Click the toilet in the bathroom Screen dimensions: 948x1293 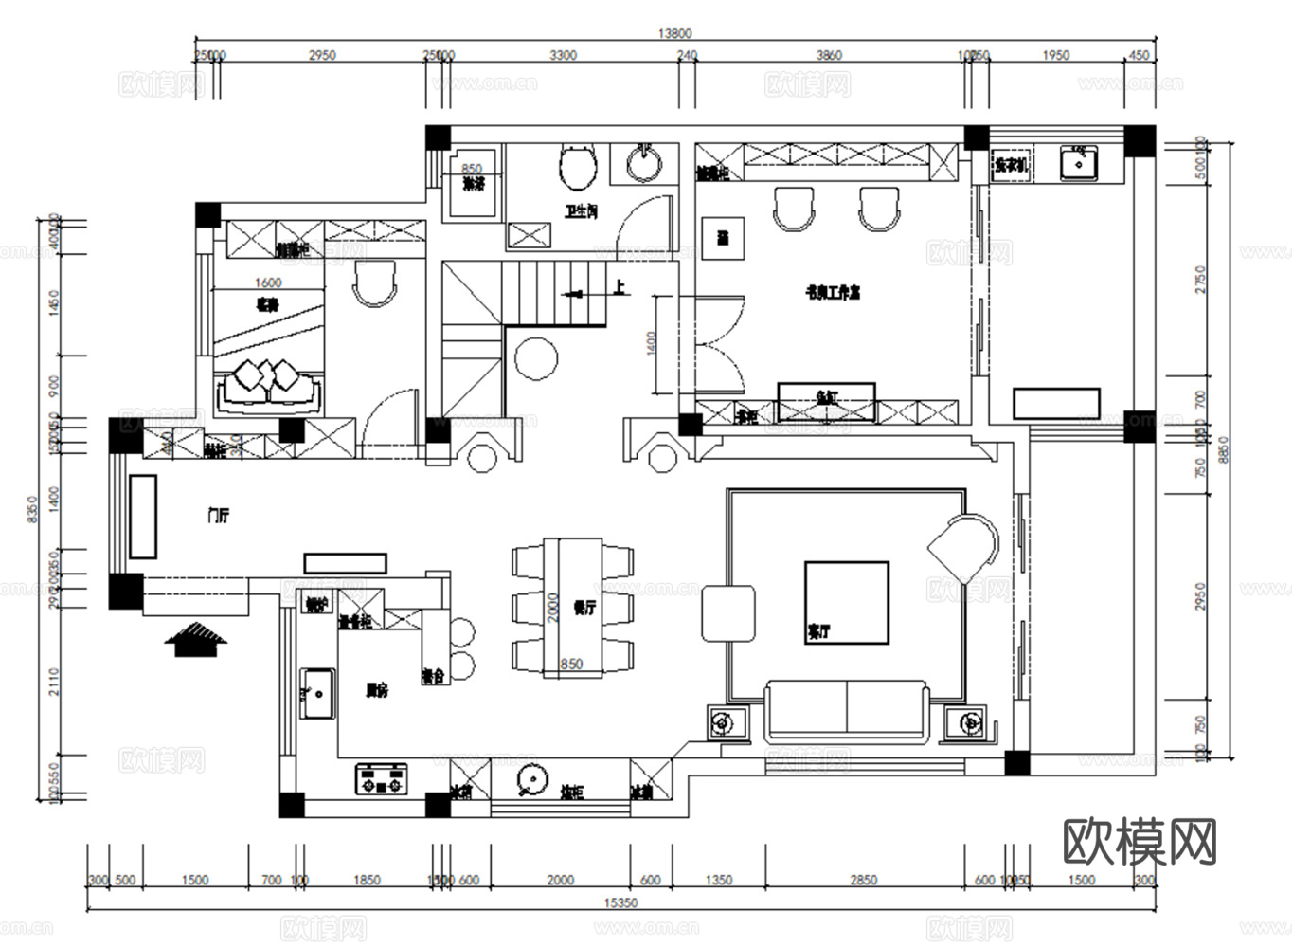click(x=577, y=167)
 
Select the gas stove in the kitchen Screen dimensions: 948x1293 click(x=381, y=778)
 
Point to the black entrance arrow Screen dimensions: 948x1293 click(x=196, y=639)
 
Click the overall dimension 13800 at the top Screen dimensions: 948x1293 click(x=673, y=33)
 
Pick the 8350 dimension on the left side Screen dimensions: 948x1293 click(x=30, y=509)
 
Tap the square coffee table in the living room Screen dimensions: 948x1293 click(x=846, y=603)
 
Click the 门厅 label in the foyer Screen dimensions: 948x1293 click(x=218, y=516)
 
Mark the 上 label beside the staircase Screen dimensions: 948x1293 click(x=619, y=286)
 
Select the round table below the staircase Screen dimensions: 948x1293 click(x=536, y=358)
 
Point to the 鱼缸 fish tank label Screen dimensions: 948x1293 click(x=826, y=398)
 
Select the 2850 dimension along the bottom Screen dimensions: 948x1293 click(x=863, y=880)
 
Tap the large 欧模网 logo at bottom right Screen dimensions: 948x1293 click(x=1140, y=842)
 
